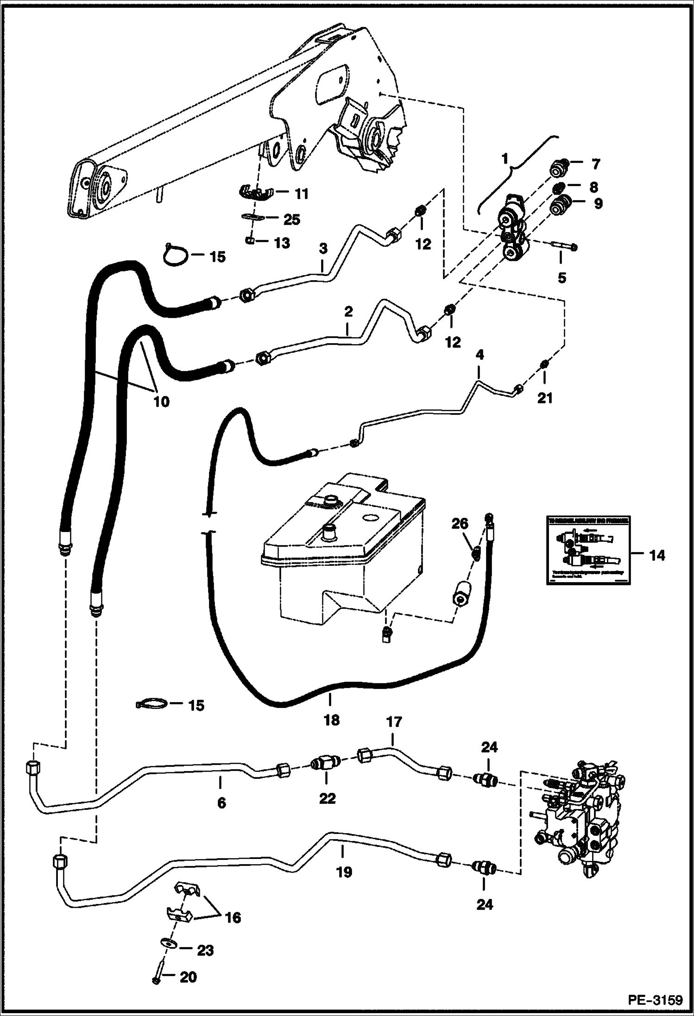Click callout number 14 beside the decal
pos(657,555)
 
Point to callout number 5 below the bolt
pos(562,278)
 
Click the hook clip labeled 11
pos(254,192)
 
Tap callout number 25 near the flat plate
pos(292,219)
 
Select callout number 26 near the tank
pos(460,524)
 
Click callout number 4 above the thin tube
pos(479,355)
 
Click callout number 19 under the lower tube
pos(344,872)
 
